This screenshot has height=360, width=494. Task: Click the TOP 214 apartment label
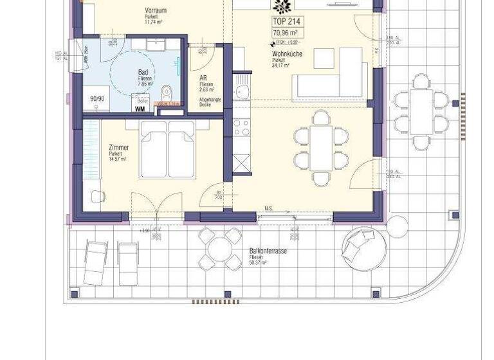[286, 21]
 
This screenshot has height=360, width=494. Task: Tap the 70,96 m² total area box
[286, 33]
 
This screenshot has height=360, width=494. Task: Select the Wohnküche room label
[287, 55]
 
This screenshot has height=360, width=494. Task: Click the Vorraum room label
[157, 10]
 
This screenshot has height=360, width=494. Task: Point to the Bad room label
[143, 73]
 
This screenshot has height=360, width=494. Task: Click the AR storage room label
[203, 78]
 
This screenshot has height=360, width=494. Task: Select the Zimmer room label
[119, 148]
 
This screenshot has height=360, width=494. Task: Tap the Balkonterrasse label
[268, 251]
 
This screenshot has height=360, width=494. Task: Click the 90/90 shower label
[97, 99]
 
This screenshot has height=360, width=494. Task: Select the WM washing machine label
[140, 109]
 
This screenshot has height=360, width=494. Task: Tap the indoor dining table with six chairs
[321, 148]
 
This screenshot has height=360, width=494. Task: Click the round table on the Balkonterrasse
[216, 248]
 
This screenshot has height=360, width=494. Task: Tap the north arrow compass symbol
[281, 6]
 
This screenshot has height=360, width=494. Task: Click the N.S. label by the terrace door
[269, 208]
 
